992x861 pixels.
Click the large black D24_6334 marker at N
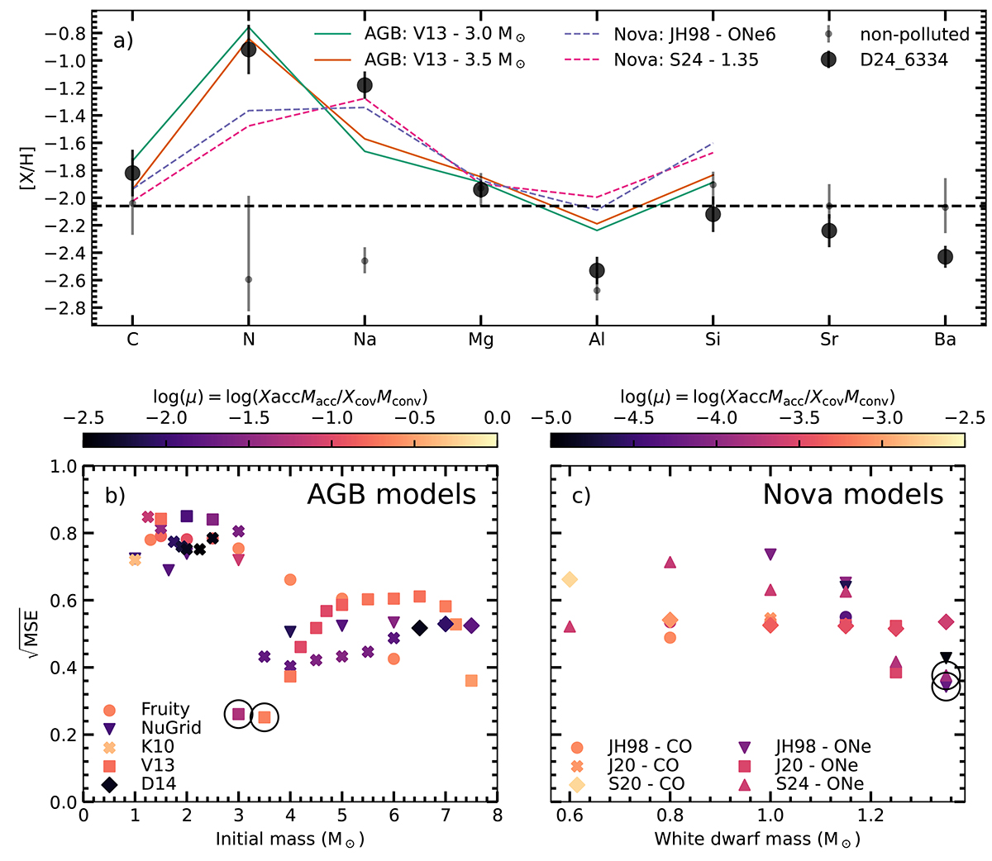(248, 49)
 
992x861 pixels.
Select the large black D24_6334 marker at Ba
(945, 257)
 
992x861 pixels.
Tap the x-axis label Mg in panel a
(480, 340)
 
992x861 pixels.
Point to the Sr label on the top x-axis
(829, 340)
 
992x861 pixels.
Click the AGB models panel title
(391, 494)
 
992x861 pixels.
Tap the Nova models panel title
(852, 494)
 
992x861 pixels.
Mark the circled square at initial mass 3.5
(265, 717)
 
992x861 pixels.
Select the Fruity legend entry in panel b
(165, 709)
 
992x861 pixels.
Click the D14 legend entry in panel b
(158, 783)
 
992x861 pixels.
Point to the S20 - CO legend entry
(646, 783)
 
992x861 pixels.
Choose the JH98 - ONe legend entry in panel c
(823, 747)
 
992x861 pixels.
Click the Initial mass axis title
(289, 840)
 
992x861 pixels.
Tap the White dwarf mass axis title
(757, 840)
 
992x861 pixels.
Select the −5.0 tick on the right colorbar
(551, 417)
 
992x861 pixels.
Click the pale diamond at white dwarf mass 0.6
(569, 580)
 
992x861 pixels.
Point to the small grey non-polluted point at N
(248, 279)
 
